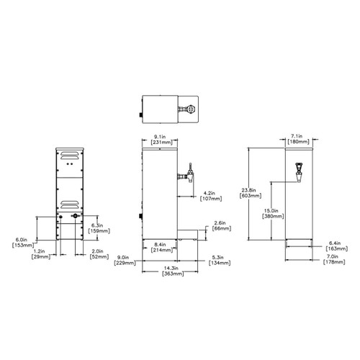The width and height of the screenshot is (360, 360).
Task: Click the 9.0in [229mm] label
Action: [122, 259]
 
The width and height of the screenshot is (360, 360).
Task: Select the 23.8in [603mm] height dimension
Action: [251, 193]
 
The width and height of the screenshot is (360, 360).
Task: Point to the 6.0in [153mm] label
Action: [22, 242]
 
